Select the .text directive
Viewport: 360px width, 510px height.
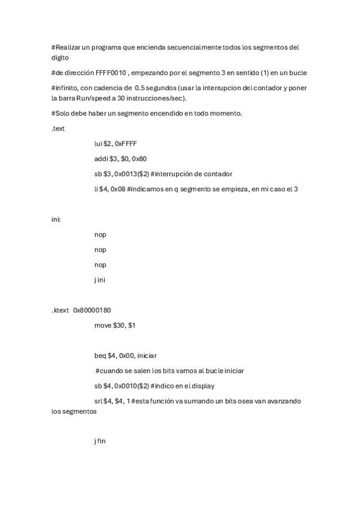58,129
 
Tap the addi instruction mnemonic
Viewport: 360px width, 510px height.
100,159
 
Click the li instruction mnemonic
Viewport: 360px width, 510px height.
96,189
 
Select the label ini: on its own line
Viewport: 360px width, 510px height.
56,220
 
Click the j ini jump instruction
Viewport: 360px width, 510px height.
100,280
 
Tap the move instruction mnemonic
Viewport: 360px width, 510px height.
103,325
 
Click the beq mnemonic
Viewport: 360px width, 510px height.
100,355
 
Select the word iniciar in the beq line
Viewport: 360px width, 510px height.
147,355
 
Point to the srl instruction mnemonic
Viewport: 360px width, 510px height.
98,401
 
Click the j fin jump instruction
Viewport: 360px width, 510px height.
100,441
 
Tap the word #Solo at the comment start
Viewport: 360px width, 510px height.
61,114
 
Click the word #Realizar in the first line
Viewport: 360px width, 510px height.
67,47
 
